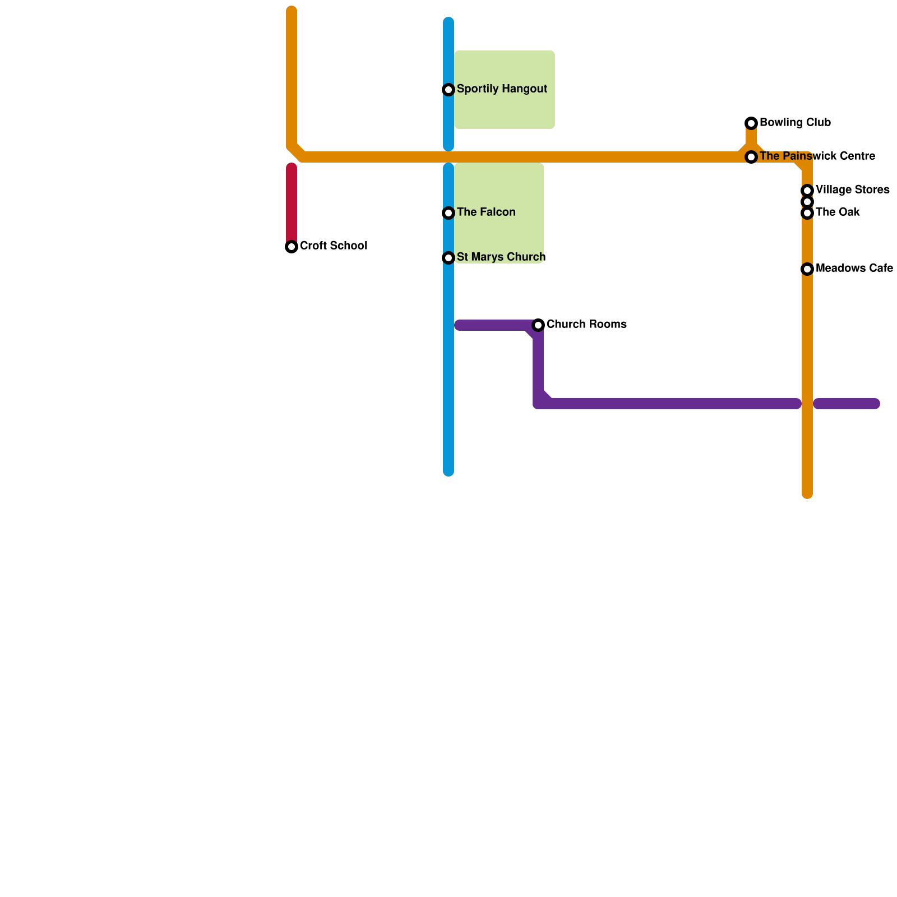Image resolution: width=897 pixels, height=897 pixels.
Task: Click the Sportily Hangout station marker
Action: tap(449, 90)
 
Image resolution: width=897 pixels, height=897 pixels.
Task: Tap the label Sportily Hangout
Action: tap(502, 89)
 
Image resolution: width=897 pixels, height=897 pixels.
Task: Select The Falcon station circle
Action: tap(449, 213)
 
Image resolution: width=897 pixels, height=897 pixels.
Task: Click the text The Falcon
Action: tap(486, 212)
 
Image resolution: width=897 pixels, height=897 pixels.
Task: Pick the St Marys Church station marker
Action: tap(449, 258)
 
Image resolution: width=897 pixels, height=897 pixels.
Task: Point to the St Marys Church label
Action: tap(501, 257)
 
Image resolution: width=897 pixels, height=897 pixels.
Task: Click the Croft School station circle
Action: tap(292, 247)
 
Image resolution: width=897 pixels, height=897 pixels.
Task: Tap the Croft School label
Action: tap(334, 246)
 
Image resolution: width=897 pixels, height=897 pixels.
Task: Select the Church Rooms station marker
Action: tap(538, 325)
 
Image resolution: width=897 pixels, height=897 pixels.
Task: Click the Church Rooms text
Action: tap(586, 325)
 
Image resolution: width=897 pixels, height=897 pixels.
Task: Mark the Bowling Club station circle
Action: tap(751, 123)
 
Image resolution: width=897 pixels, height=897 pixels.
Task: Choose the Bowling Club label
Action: tap(795, 123)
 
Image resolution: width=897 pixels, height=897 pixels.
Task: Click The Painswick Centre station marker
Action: tap(751, 157)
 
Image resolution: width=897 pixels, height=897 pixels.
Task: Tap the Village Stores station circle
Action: tap(807, 191)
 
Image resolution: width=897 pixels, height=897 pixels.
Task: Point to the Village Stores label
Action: tap(852, 190)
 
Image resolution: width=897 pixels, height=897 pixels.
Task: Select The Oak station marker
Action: tap(807, 213)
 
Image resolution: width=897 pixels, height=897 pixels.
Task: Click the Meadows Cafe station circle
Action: tap(807, 269)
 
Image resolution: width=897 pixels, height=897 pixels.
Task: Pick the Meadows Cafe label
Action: tap(854, 269)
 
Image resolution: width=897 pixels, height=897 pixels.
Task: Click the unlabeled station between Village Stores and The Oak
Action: tap(807, 202)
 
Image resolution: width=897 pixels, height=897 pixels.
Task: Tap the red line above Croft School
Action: tap(292, 202)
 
